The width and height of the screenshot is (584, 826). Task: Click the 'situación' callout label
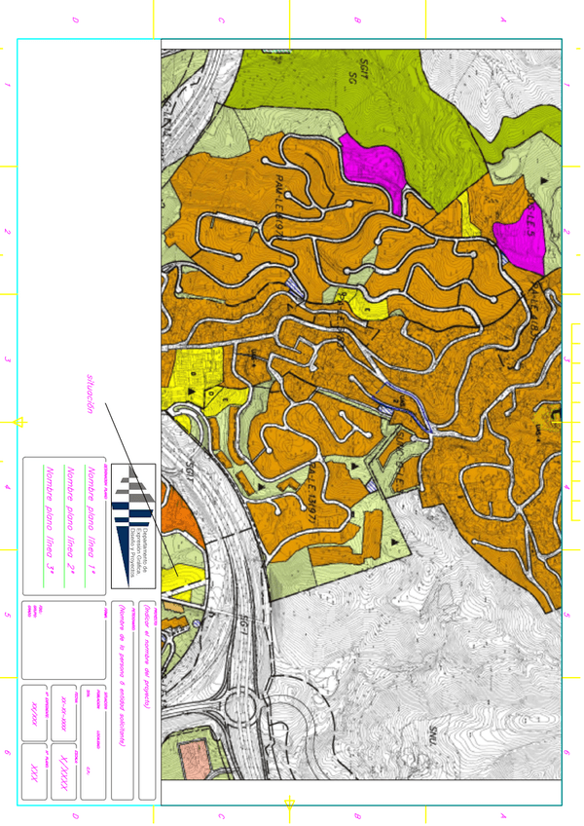(91, 394)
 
